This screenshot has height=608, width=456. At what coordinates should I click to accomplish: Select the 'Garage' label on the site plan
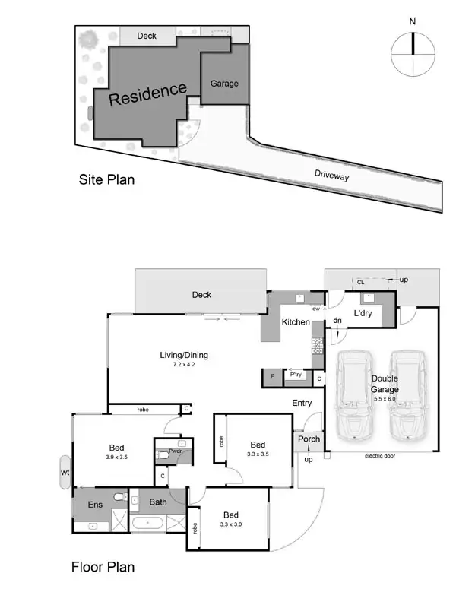pos(224,84)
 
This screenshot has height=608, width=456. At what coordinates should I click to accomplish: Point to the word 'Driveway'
pos(333,174)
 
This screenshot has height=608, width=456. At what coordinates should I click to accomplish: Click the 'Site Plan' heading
pos(107,180)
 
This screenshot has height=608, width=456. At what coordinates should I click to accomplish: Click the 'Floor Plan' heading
pos(103,566)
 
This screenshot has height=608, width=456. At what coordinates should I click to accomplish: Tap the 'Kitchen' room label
pos(296,322)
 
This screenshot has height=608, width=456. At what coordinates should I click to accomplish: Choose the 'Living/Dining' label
pos(184,355)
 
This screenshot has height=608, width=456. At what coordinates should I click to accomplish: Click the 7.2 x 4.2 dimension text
pos(184,366)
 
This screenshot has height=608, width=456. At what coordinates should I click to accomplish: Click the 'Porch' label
pos(309,439)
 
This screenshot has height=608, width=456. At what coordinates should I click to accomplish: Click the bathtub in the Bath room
pos(148,524)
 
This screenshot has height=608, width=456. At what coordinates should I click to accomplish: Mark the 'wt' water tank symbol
pos(65,473)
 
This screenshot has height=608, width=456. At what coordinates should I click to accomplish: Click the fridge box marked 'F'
pos(271,375)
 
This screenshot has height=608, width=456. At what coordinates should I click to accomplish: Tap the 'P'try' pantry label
pos(295,375)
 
